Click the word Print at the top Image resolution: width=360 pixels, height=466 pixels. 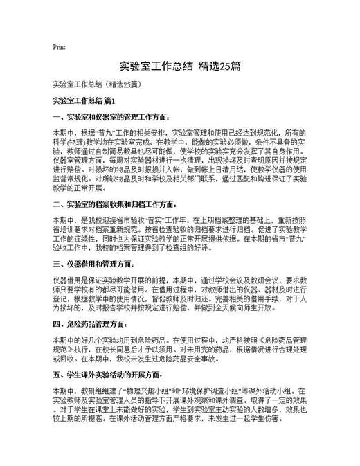coord(59,47)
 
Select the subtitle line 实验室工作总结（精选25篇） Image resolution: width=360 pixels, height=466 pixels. coord(96,85)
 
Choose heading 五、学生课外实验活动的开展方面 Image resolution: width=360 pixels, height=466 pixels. coord(105,374)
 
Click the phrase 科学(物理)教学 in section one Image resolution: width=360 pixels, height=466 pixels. coord(75,139)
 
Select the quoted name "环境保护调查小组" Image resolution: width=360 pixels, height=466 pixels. coord(197,391)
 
